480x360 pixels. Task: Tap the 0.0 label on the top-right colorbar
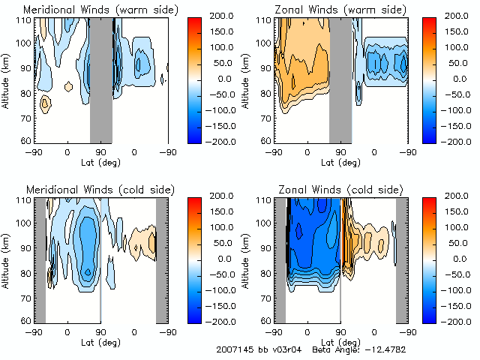point(460,78)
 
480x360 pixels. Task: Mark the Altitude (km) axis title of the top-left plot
point(7,79)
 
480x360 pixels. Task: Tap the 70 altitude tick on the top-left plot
point(28,117)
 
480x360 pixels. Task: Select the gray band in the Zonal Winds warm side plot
point(340,79)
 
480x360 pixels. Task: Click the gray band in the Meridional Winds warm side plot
point(100,79)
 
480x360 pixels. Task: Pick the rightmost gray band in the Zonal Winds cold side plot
point(402,259)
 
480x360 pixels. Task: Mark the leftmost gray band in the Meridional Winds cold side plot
point(40,259)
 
